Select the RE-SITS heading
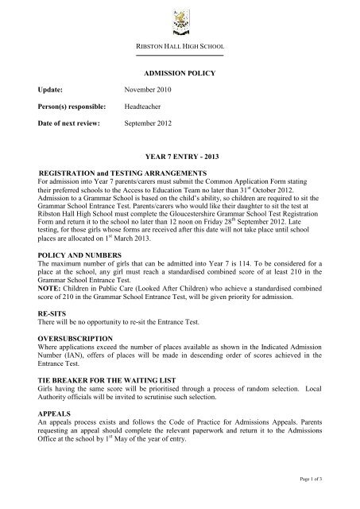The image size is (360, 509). point(56,315)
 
